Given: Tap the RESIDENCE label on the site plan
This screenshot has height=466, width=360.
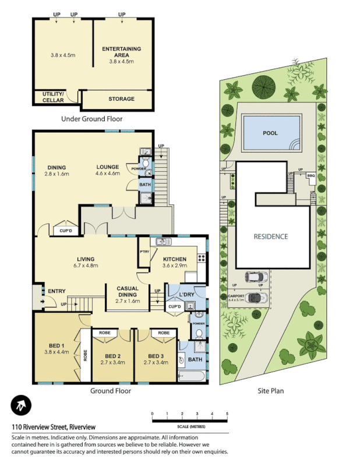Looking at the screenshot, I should [x=271, y=236].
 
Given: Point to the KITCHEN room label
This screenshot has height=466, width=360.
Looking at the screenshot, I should [x=174, y=259].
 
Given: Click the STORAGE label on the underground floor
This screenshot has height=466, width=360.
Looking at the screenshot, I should [x=121, y=99].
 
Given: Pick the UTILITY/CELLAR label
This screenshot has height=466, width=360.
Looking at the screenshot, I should [x=53, y=97].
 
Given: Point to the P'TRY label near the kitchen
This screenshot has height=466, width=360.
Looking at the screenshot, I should [x=144, y=251].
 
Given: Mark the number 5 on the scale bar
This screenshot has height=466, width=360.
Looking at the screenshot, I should [x=227, y=414].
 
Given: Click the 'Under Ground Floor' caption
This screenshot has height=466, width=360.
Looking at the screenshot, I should [x=91, y=119].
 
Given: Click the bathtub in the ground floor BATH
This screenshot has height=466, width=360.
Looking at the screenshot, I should [x=191, y=377].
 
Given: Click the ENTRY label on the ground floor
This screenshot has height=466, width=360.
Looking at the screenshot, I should [x=57, y=291].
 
